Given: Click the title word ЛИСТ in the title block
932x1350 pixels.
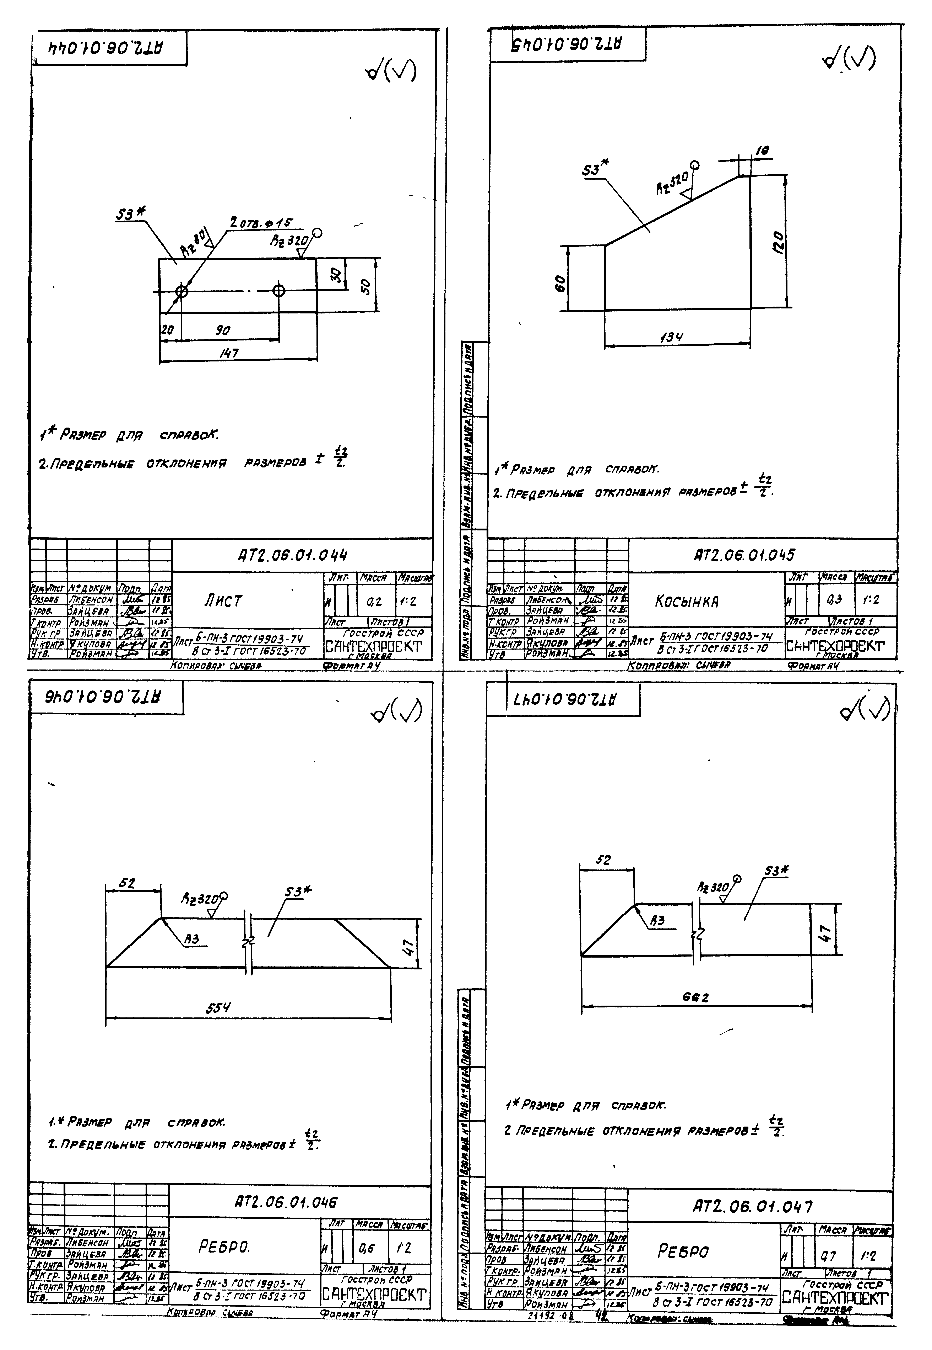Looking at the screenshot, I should coord(222,601).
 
